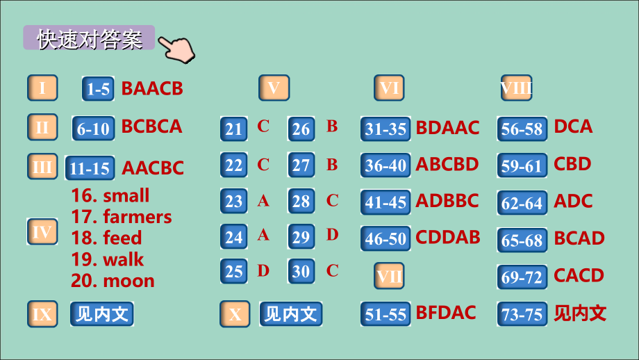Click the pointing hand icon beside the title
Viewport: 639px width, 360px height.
pos(177,49)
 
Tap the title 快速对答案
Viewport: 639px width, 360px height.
pos(90,39)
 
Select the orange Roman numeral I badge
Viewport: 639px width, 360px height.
pos(42,88)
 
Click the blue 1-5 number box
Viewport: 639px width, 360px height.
pos(98,88)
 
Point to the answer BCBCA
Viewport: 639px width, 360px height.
pos(151,126)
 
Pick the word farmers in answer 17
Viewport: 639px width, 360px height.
pos(138,217)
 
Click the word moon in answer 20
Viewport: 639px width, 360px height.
pos(128,281)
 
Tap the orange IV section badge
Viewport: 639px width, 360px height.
pos(42,231)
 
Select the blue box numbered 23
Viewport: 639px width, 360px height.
pos(234,201)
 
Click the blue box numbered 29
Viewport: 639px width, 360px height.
pos(301,237)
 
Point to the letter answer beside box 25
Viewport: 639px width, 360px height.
pos(263,270)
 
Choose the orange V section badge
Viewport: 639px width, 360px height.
pos(274,88)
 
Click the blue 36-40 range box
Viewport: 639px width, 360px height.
pos(385,165)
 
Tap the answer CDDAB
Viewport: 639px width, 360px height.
pos(448,238)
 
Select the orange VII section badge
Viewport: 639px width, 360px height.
pos(389,276)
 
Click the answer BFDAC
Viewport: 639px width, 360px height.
pos(446,313)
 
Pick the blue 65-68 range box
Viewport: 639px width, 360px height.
pos(522,240)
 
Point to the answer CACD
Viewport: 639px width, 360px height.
pos(579,276)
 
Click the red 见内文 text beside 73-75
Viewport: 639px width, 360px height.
pos(580,313)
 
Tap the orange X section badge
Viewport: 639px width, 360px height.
pos(235,314)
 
